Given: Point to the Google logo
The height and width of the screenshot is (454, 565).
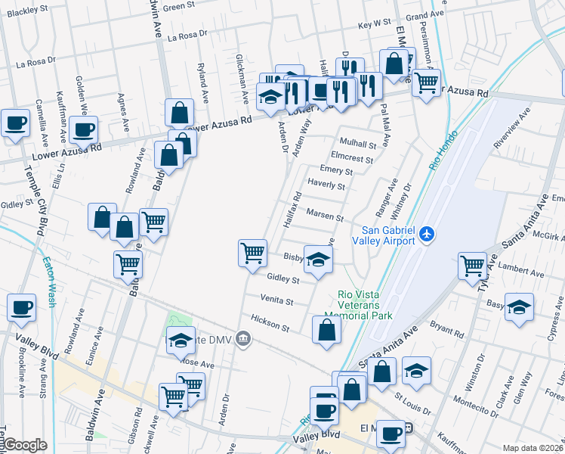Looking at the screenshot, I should (26, 445).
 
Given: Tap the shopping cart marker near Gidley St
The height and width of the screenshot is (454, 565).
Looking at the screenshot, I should (252, 253).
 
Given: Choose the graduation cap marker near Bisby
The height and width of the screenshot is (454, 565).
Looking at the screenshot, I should (319, 259).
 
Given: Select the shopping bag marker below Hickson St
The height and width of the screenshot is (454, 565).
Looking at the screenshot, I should (326, 331).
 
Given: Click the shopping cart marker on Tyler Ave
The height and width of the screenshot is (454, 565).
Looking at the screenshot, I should (473, 265).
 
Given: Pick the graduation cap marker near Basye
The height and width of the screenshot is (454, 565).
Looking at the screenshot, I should (520, 306).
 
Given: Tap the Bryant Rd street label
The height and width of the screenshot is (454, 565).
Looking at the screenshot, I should (446, 328).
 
